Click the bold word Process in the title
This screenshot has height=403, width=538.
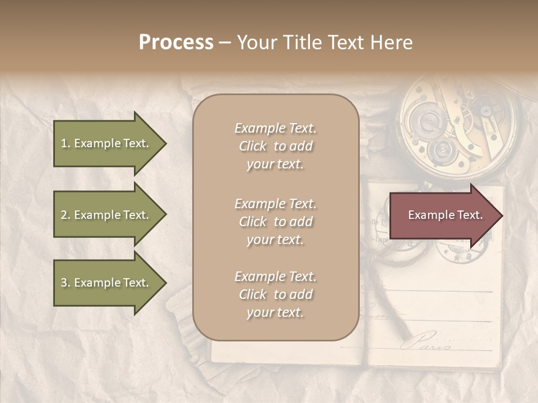(x=176, y=43)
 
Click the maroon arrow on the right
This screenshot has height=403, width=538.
(x=443, y=215)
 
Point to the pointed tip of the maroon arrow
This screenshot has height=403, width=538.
(x=500, y=215)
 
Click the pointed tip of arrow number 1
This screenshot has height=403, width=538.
(x=165, y=143)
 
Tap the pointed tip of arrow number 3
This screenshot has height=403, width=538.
(x=165, y=283)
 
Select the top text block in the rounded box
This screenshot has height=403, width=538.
(x=275, y=146)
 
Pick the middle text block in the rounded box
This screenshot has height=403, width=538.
(x=275, y=222)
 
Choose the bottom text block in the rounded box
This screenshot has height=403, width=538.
(x=275, y=294)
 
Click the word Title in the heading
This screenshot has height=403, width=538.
(x=306, y=43)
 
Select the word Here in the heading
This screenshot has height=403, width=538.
(x=392, y=43)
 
